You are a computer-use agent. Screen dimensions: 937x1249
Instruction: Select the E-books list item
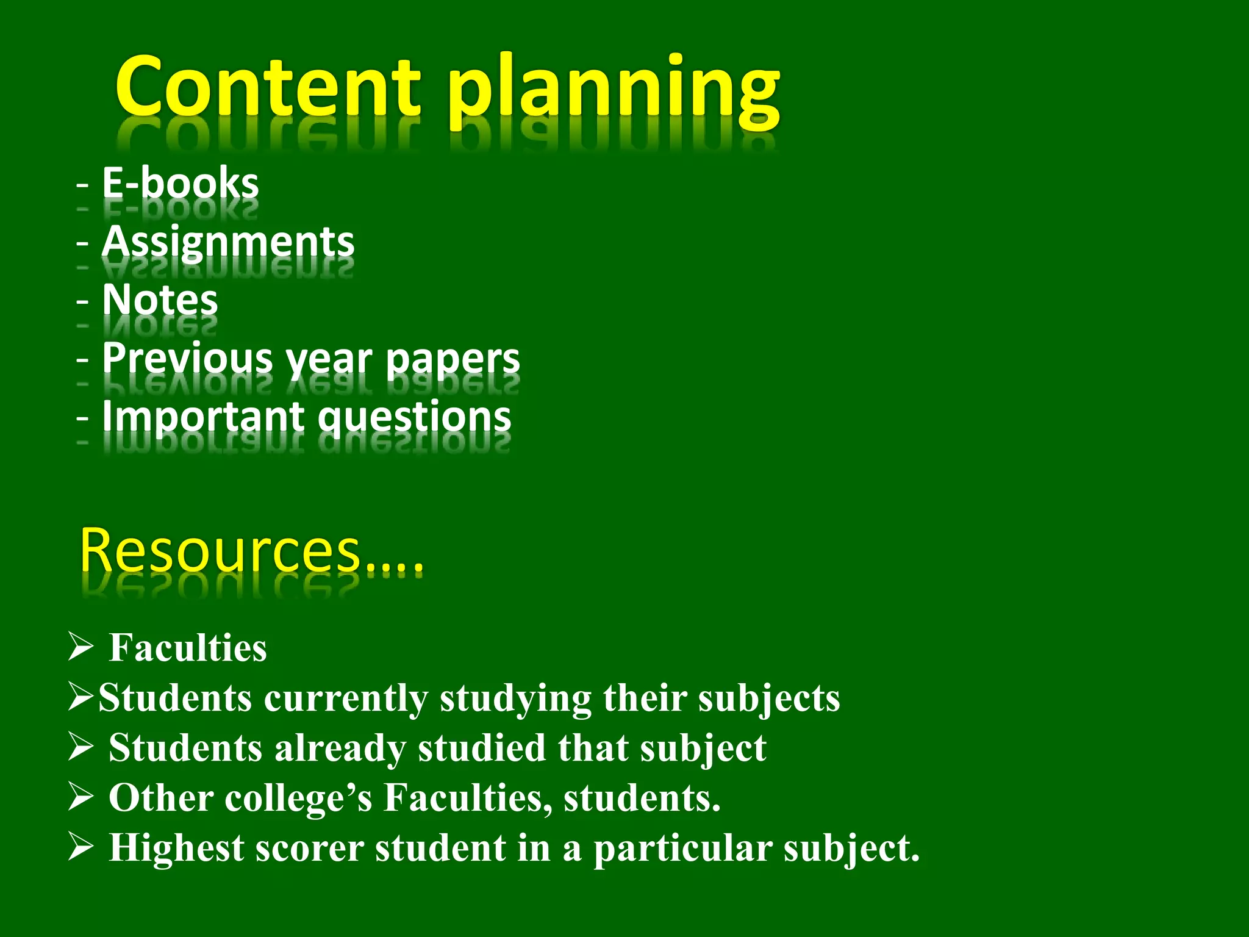point(180,183)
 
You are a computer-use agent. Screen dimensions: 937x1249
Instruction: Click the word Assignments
point(227,242)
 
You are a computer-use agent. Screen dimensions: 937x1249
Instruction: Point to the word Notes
point(160,300)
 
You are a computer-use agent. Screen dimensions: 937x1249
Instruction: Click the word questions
point(415,418)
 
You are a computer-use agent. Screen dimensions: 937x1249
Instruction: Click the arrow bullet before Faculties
point(81,647)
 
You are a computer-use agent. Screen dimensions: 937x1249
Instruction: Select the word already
point(340,749)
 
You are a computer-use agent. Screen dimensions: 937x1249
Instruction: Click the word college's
point(298,798)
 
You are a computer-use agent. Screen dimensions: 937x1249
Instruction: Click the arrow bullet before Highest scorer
point(81,847)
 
